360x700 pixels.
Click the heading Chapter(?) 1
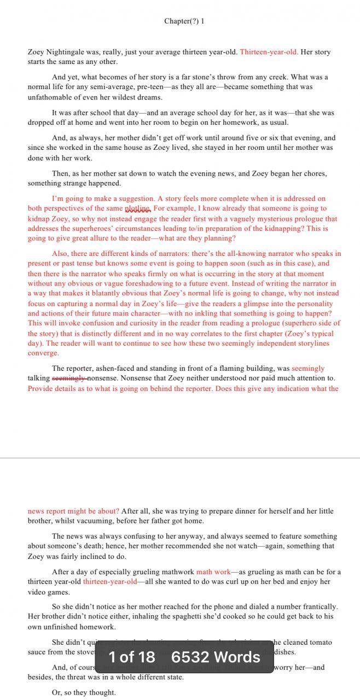tap(184, 21)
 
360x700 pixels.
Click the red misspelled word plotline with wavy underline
tap(137, 209)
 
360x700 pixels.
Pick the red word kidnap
tap(39, 219)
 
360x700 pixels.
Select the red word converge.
tap(43, 353)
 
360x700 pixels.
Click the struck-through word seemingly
tap(69, 378)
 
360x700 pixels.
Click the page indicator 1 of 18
tap(132, 657)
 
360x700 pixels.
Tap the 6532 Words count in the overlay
tap(216, 657)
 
